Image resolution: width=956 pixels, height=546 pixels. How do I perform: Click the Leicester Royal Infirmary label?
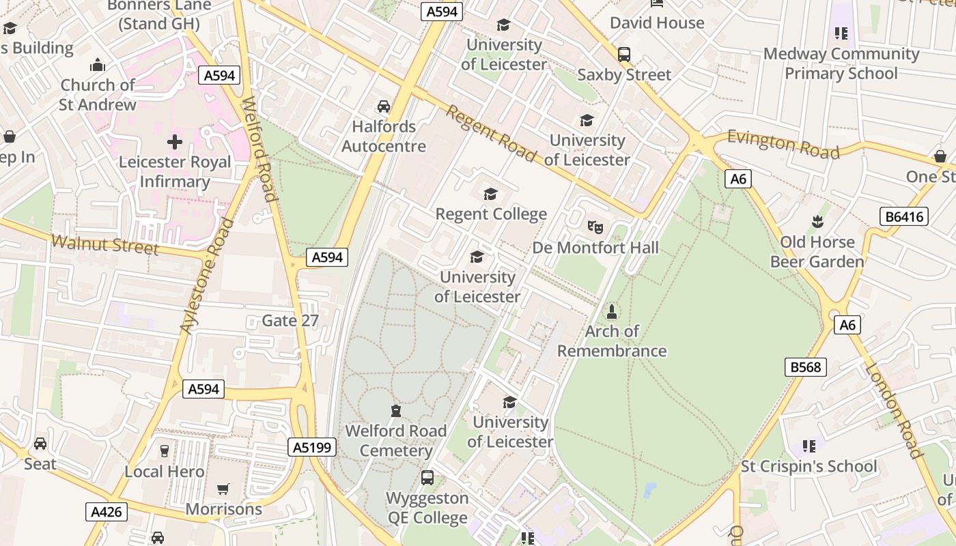(x=175, y=172)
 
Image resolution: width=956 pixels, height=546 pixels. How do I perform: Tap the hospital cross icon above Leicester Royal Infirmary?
(x=175, y=142)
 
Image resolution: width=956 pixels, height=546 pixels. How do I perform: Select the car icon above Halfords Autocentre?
(x=384, y=106)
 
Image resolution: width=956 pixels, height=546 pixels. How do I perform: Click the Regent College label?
(x=491, y=214)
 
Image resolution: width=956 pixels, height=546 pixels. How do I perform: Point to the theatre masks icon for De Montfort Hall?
(x=595, y=226)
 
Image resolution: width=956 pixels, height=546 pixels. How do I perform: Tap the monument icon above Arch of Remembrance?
(x=612, y=312)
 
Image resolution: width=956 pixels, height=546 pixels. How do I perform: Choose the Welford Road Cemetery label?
(x=395, y=441)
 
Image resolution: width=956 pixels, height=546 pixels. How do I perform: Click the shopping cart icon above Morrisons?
(x=223, y=489)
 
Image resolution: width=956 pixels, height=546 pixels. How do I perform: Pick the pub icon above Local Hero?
(x=165, y=450)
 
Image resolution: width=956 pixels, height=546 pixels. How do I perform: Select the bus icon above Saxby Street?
(x=624, y=55)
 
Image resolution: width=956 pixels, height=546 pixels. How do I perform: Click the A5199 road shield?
(x=312, y=448)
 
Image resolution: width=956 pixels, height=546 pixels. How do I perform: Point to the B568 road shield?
(x=806, y=367)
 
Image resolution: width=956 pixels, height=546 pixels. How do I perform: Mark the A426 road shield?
(x=107, y=512)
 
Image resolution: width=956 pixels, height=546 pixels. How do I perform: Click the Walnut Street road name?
(x=104, y=244)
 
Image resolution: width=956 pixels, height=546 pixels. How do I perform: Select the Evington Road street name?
(x=783, y=144)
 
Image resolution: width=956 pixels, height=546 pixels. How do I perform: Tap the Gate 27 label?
(x=290, y=321)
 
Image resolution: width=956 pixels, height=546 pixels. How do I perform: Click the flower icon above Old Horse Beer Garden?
(x=817, y=221)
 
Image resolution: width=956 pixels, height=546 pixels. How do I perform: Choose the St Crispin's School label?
(x=809, y=467)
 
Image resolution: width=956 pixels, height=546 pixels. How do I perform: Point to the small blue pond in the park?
(x=649, y=490)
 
